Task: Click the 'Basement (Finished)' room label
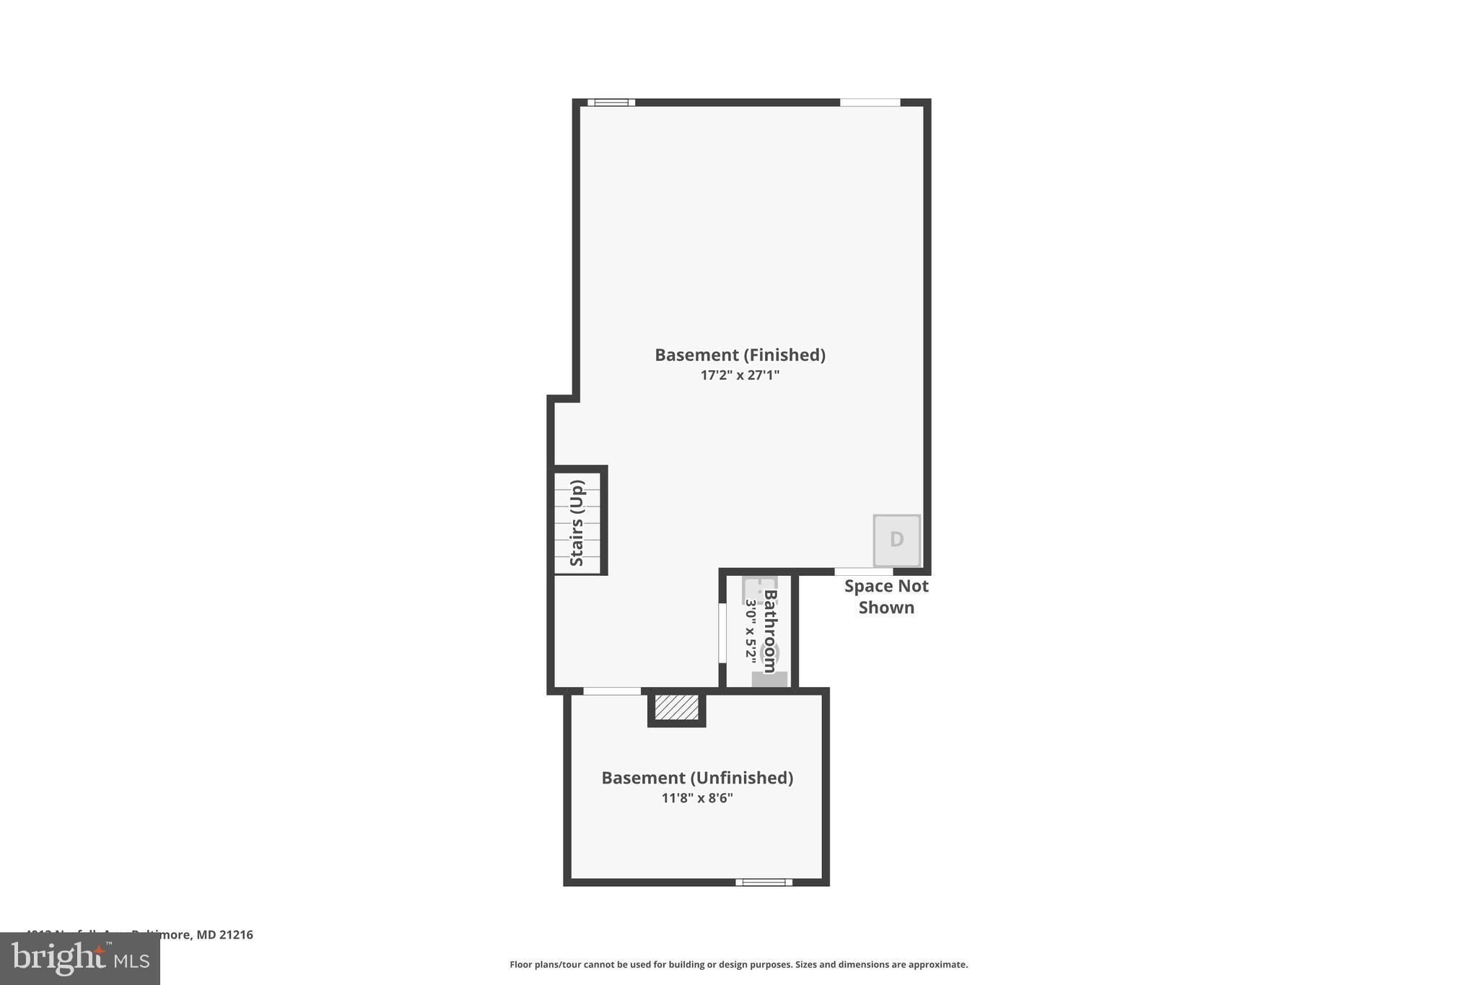coord(740,355)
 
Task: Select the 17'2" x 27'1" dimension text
coord(740,375)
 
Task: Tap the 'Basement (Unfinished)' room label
coord(697,778)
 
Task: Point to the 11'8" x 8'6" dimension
coord(697,798)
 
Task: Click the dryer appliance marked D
coord(896,540)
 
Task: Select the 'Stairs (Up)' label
coord(577,523)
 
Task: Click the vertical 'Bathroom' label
coord(770,631)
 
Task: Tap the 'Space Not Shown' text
coord(886,597)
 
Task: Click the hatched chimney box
coord(676,707)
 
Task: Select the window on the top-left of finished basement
coord(611,102)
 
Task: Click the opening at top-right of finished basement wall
coord(870,102)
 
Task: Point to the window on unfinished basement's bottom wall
coord(764,882)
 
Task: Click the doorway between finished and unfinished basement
coord(611,691)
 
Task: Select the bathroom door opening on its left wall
coord(722,633)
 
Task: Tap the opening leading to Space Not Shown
coord(863,572)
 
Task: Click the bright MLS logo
coord(80,958)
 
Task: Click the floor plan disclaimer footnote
coord(738,965)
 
